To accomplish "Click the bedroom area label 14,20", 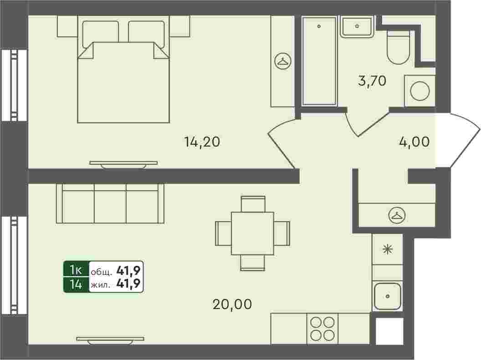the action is pyautogui.click(x=202, y=142).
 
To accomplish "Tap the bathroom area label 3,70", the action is pyautogui.click(x=372, y=81).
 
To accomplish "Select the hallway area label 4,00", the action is pyautogui.click(x=414, y=142).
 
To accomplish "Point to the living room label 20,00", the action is pyautogui.click(x=232, y=304).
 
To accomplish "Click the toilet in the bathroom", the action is pyautogui.click(x=398, y=47).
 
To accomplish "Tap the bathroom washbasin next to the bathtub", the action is pyautogui.click(x=357, y=27).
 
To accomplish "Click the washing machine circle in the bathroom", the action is pyautogui.click(x=420, y=91).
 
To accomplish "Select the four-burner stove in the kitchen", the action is pyautogui.click(x=322, y=329).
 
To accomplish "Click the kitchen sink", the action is pyautogui.click(x=388, y=296).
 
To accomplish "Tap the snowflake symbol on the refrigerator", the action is pyautogui.click(x=388, y=249).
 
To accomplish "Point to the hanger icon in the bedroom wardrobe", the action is pyautogui.click(x=283, y=61).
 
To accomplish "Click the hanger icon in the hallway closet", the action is pyautogui.click(x=397, y=215).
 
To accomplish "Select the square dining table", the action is pyautogui.click(x=252, y=233).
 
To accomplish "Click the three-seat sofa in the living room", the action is pyautogui.click(x=110, y=203).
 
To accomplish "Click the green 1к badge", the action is pyautogui.click(x=76, y=270).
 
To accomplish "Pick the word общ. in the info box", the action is pyautogui.click(x=101, y=272).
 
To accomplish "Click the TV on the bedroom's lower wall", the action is pyautogui.click(x=123, y=165).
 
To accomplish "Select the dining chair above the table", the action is pyautogui.click(x=253, y=204).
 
